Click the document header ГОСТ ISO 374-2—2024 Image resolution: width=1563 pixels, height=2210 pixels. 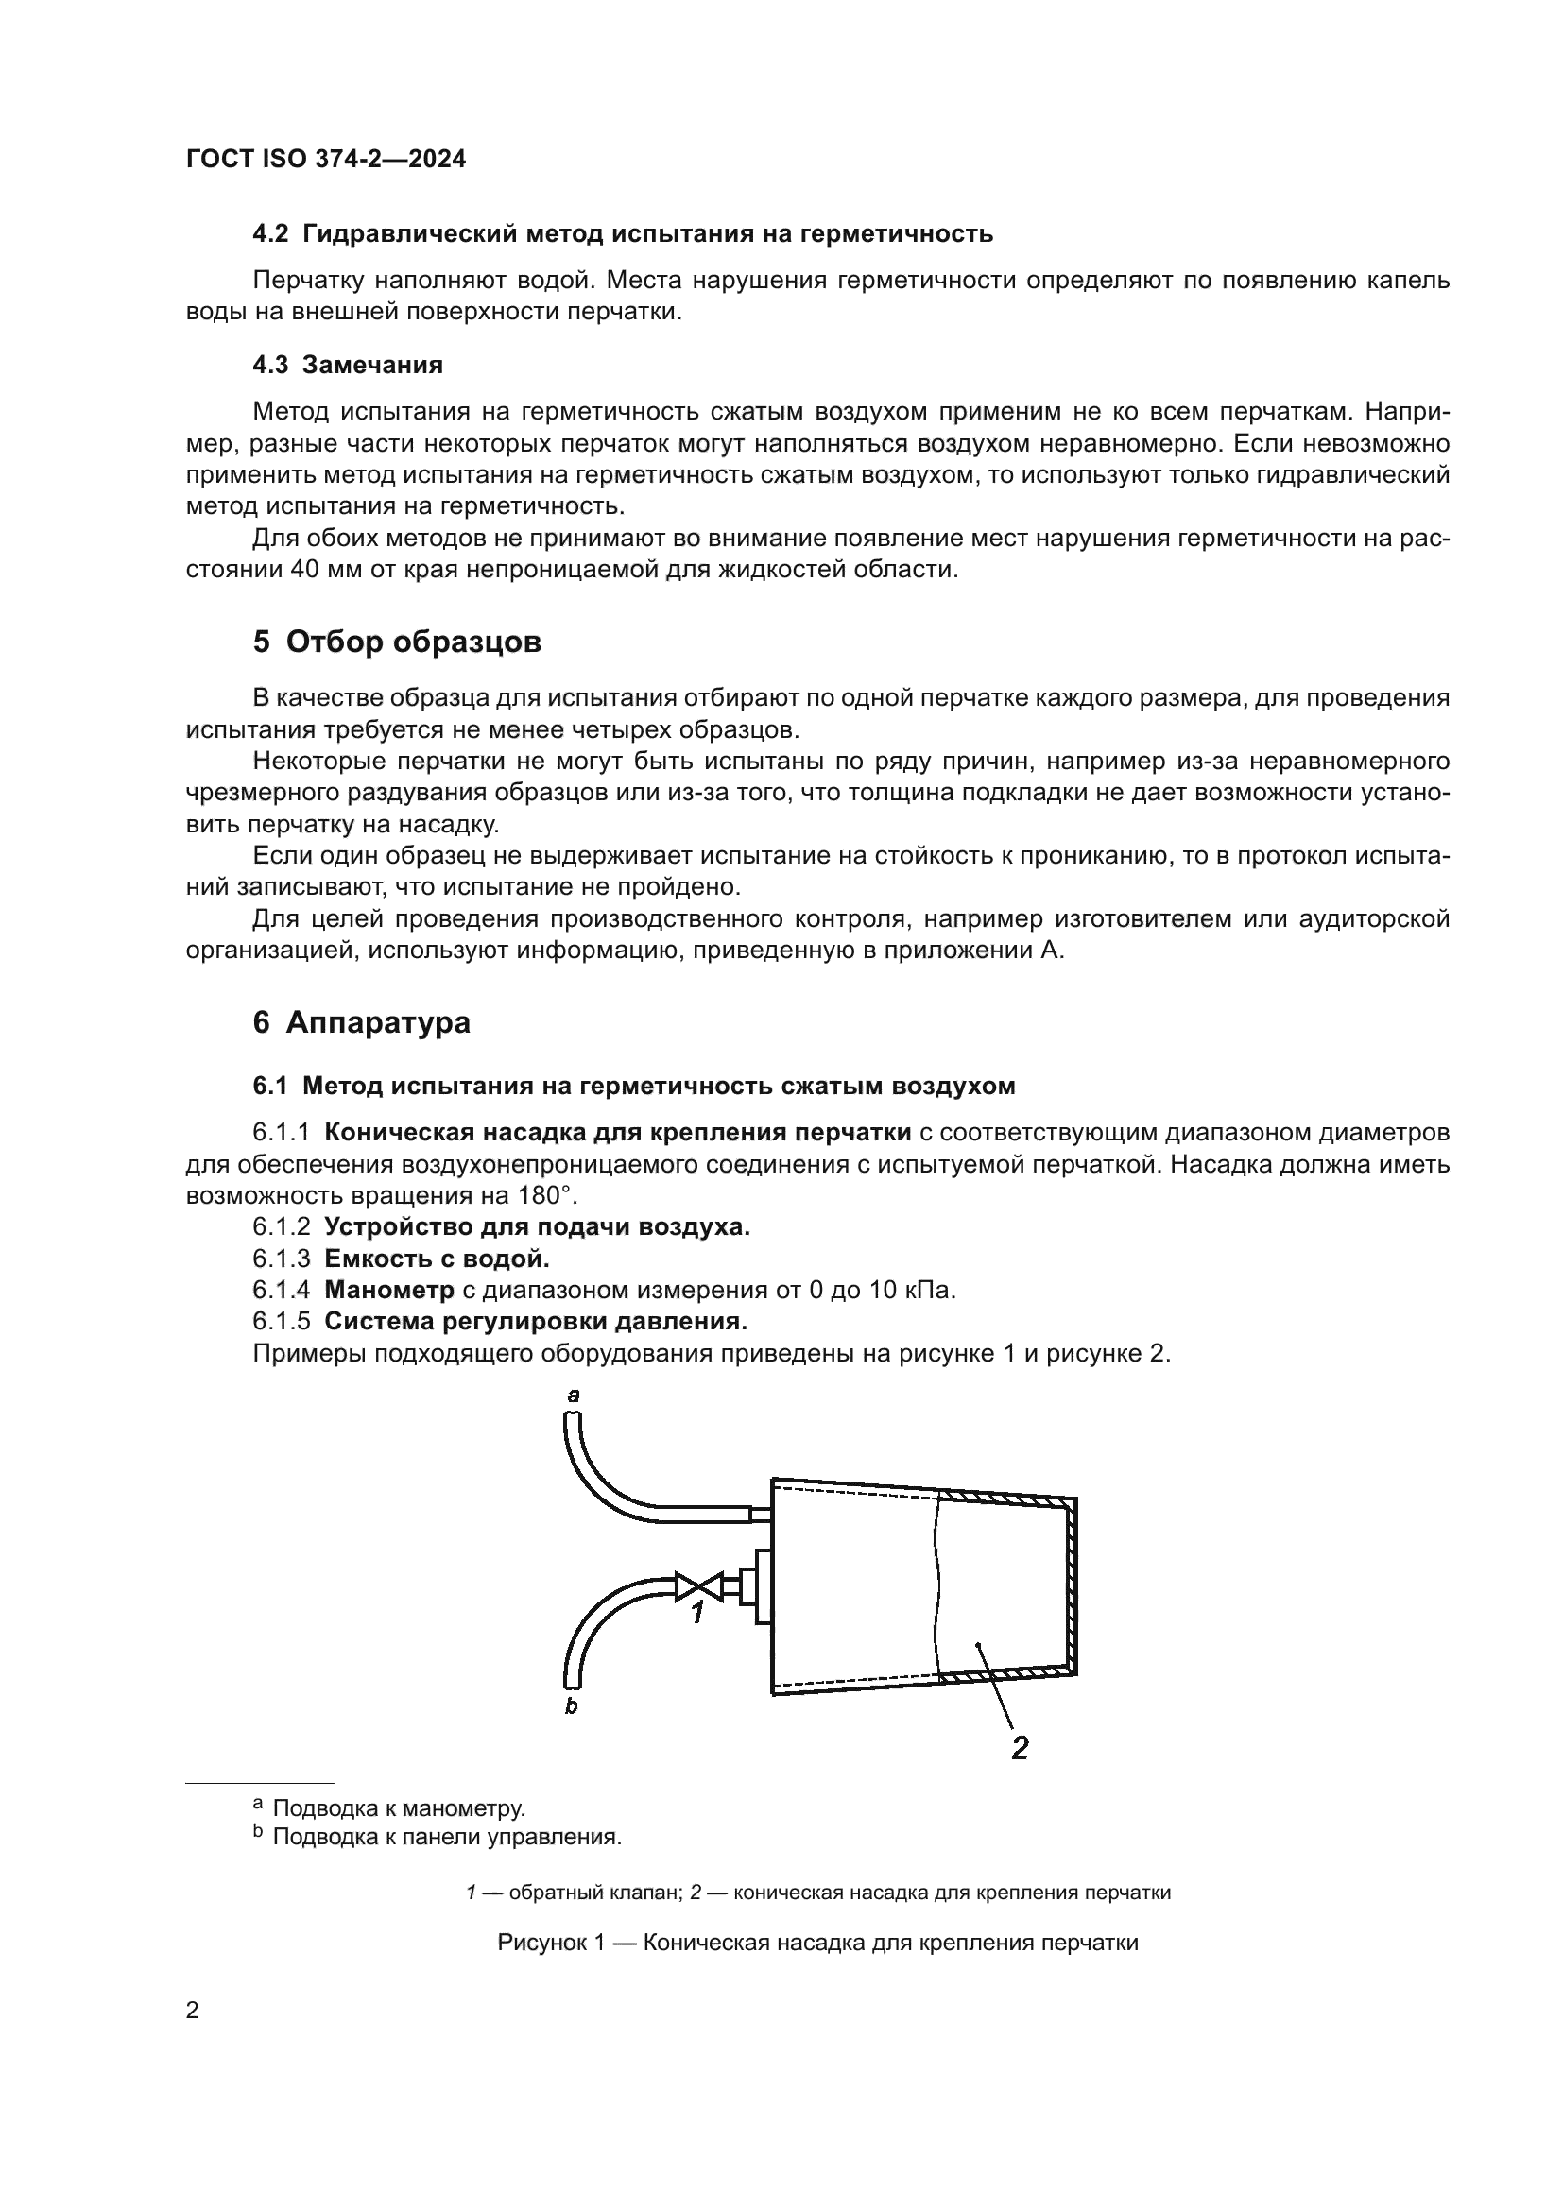tap(325, 160)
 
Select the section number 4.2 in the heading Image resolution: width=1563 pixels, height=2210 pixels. tap(269, 234)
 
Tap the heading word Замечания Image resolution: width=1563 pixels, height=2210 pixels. tap(371, 365)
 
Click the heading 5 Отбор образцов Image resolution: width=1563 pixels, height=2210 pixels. tap(397, 642)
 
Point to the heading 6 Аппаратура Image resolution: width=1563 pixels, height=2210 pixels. tap(361, 1022)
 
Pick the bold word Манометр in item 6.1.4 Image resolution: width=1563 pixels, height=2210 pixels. tap(388, 1290)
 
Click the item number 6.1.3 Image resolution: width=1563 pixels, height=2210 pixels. tap(281, 1258)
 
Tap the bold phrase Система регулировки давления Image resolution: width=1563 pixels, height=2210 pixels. tap(535, 1321)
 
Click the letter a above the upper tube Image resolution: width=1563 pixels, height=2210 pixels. tap(574, 1395)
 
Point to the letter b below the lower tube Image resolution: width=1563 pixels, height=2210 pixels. tap(571, 1706)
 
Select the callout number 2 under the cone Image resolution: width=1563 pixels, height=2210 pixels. tap(1021, 1747)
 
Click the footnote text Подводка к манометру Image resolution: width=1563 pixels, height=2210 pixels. tap(399, 1808)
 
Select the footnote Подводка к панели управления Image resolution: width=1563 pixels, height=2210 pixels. tap(447, 1838)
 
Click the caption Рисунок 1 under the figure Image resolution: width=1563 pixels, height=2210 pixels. tap(817, 1943)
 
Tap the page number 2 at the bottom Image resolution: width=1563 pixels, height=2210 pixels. tap(193, 2012)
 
